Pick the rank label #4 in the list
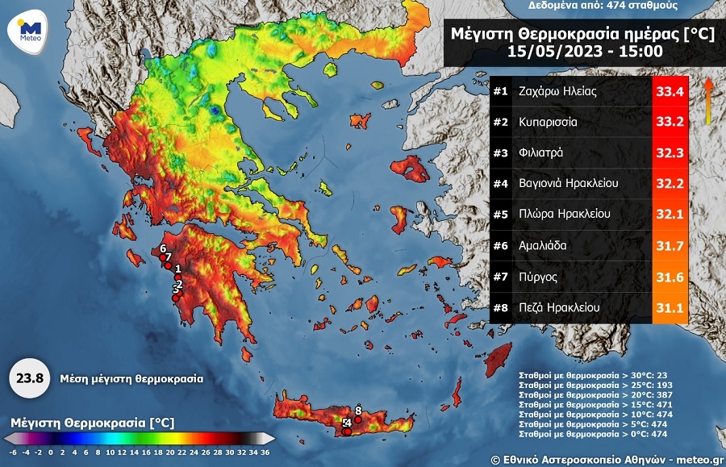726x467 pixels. pos(501,184)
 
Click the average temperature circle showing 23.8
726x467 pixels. pos(30,377)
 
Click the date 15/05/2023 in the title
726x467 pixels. pos(550,52)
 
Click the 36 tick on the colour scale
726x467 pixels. pos(265,452)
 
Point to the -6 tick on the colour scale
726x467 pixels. pos(13,452)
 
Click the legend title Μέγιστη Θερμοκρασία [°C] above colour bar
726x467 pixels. pos(93,423)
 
